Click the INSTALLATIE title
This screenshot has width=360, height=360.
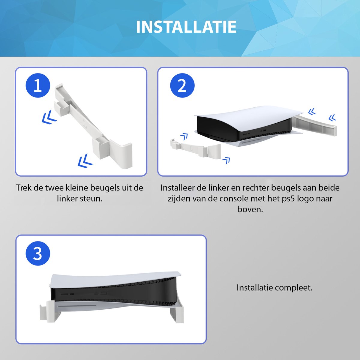[x=186, y=27]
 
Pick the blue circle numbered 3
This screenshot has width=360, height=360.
[x=38, y=253]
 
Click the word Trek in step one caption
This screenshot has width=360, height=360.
[x=23, y=188]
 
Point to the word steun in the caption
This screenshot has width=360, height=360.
[x=93, y=199]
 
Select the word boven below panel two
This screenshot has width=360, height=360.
[x=250, y=209]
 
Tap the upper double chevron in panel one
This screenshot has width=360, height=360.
[x=49, y=117]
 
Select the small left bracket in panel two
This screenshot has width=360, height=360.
[x=192, y=148]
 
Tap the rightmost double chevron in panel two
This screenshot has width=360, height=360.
[x=332, y=118]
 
